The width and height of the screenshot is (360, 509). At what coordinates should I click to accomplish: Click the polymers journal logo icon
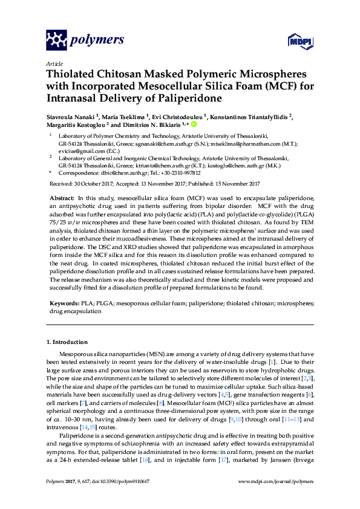56,40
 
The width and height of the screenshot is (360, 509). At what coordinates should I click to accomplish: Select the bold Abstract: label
61,198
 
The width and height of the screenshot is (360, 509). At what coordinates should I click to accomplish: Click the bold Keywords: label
62,301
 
